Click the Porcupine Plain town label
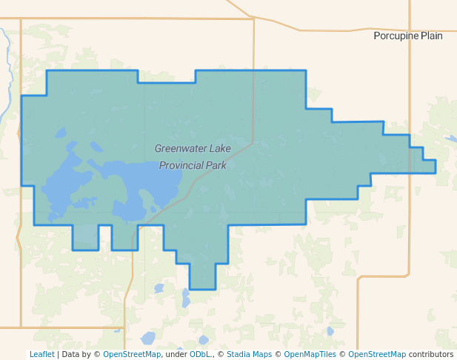(x=408, y=36)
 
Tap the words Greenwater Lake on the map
(x=193, y=148)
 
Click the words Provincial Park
(x=193, y=165)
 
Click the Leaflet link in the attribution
(x=41, y=354)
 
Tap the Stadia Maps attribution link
(x=249, y=354)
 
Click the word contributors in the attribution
(x=431, y=354)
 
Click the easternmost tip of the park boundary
(x=435, y=166)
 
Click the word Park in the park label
(x=216, y=165)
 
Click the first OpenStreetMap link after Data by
(x=132, y=354)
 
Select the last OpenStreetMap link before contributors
(x=377, y=354)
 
